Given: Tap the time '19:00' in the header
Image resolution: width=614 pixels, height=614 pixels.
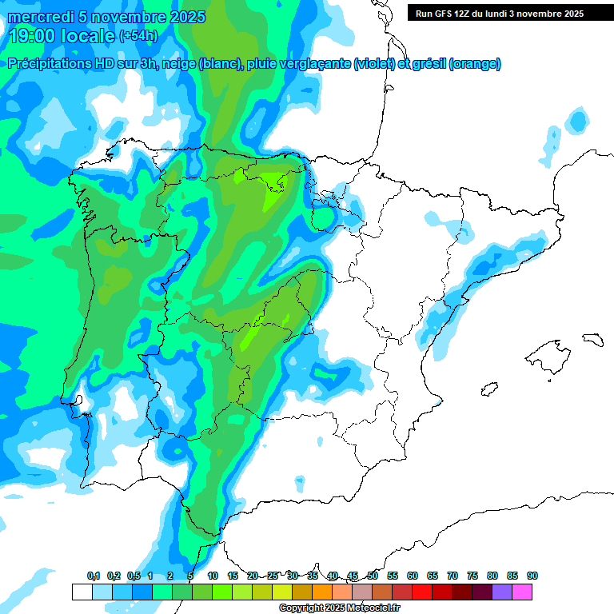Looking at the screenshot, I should (34, 35).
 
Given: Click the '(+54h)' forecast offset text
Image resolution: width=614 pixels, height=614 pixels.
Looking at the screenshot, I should (138, 36).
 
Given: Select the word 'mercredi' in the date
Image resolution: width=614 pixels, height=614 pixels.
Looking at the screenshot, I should (38, 17).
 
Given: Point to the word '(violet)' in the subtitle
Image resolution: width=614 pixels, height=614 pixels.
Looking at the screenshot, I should (374, 64).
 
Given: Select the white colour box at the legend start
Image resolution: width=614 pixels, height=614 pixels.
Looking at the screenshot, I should (82, 592).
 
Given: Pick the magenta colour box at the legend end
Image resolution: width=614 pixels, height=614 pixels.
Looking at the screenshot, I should (522, 592).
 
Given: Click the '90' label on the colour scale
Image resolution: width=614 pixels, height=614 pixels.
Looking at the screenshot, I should (532, 576).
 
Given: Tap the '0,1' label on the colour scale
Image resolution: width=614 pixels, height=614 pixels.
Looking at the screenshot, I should (94, 576).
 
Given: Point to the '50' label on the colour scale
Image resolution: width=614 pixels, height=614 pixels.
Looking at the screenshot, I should (373, 576).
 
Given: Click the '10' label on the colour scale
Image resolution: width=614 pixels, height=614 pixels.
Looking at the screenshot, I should (213, 576).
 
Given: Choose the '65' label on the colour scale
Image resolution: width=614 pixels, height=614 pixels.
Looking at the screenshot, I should (433, 576).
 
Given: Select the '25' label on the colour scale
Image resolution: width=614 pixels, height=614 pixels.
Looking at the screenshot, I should (273, 576).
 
